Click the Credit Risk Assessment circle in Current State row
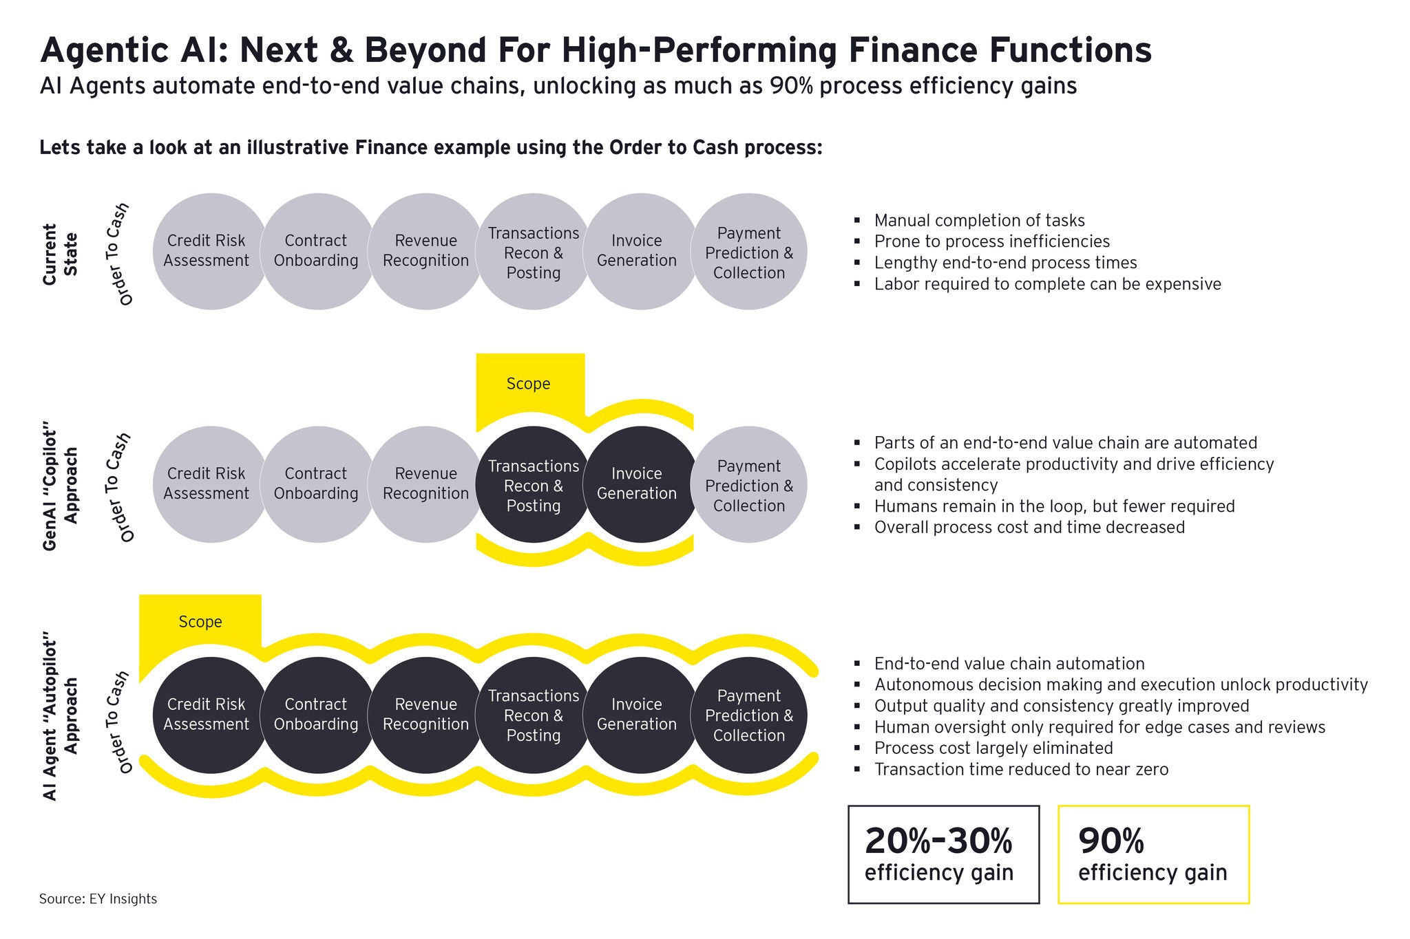coord(209,251)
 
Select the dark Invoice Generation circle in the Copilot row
coord(640,484)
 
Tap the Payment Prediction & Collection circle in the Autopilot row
coord(748,715)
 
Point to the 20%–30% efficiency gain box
coord(943,854)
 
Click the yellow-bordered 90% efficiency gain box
coord(1153,854)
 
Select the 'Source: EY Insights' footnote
coord(98,898)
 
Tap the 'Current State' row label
coord(61,250)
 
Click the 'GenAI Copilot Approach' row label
coord(61,490)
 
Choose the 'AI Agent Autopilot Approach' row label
coord(61,720)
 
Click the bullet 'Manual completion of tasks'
coord(979,221)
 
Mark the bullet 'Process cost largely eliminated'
coord(993,748)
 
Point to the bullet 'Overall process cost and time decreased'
coord(1029,528)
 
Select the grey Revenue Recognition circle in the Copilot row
coord(425,484)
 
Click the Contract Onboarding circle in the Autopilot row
coord(317,715)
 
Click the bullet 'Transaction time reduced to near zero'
coord(1021,769)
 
